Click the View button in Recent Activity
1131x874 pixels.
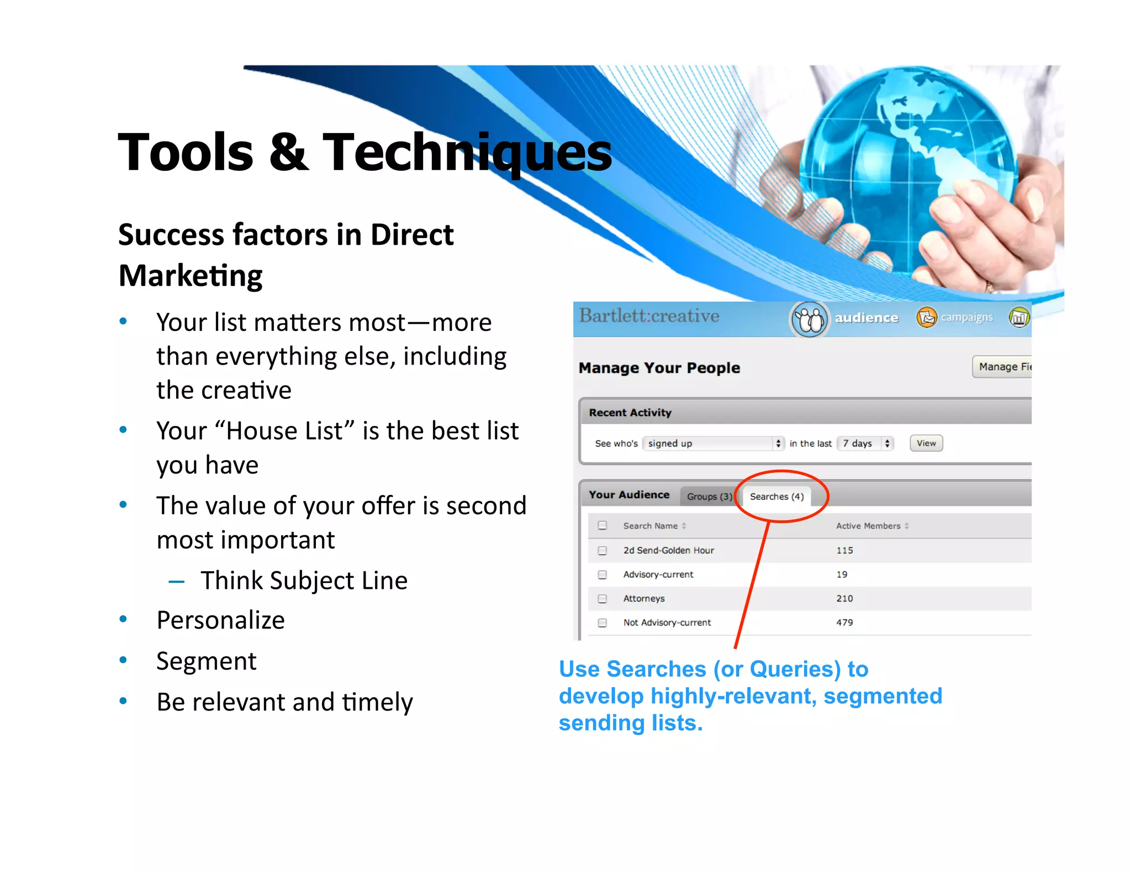pos(926,443)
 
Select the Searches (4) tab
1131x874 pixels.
pos(776,496)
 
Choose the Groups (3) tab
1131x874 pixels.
pos(709,496)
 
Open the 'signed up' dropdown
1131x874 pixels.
pos(713,443)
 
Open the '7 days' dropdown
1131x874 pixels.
pos(865,443)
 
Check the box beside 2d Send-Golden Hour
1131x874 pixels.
pos(603,550)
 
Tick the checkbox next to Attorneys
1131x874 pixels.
pos(603,598)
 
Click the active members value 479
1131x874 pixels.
pos(844,622)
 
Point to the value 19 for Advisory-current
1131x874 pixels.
pos(842,574)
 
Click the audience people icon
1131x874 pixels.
pos(809,319)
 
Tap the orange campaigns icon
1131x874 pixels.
pos(927,317)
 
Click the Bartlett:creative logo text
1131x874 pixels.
pos(649,316)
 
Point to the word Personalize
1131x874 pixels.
pos(220,620)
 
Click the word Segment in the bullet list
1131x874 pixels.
pos(206,661)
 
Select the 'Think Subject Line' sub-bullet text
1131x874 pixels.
pos(304,580)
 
